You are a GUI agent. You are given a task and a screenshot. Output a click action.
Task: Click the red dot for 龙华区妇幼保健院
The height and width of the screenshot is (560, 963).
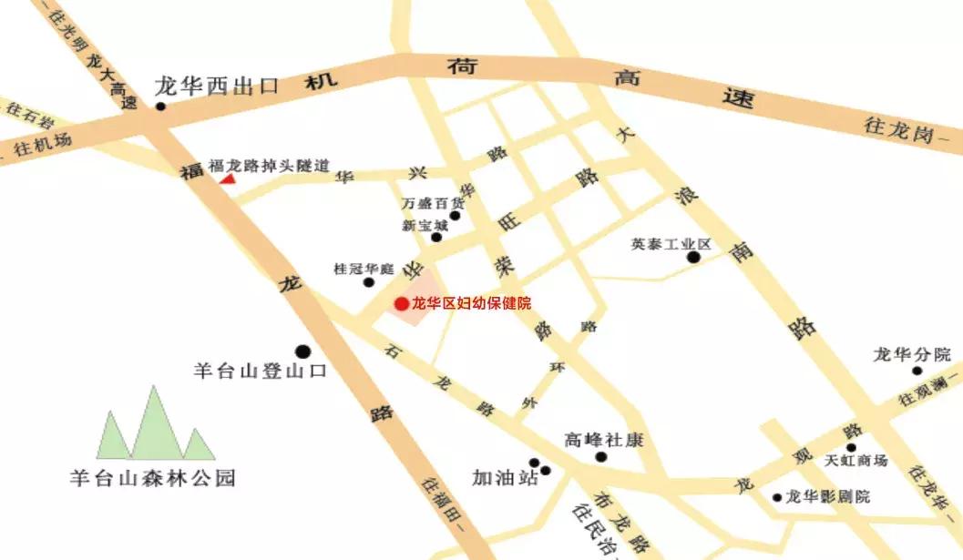tap(401, 303)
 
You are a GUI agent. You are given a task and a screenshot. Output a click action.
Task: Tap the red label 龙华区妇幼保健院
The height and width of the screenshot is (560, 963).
tap(472, 303)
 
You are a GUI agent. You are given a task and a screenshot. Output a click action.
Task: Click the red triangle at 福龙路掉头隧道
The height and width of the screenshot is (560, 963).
tap(227, 178)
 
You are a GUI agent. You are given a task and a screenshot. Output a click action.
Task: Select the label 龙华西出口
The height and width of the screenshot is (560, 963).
tap(216, 87)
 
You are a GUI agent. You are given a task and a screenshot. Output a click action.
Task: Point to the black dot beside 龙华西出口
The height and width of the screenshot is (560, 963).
tap(161, 107)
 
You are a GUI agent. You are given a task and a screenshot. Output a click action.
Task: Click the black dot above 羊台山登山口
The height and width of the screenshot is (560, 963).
tap(302, 351)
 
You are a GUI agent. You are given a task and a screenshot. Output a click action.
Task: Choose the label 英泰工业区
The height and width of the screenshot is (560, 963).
tap(670, 245)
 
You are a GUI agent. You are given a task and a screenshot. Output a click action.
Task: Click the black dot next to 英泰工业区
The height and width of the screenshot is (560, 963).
tap(693, 259)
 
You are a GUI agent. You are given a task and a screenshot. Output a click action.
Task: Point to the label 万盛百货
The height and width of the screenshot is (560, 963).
tap(426, 203)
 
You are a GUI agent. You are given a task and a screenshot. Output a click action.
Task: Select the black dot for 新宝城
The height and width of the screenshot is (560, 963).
tap(436, 238)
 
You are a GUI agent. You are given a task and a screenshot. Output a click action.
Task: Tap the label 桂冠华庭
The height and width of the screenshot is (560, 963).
tap(363, 270)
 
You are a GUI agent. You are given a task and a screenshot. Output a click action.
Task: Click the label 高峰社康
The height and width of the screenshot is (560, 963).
tap(603, 440)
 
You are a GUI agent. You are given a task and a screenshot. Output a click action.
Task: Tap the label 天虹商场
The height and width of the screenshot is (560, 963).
tap(855, 462)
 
